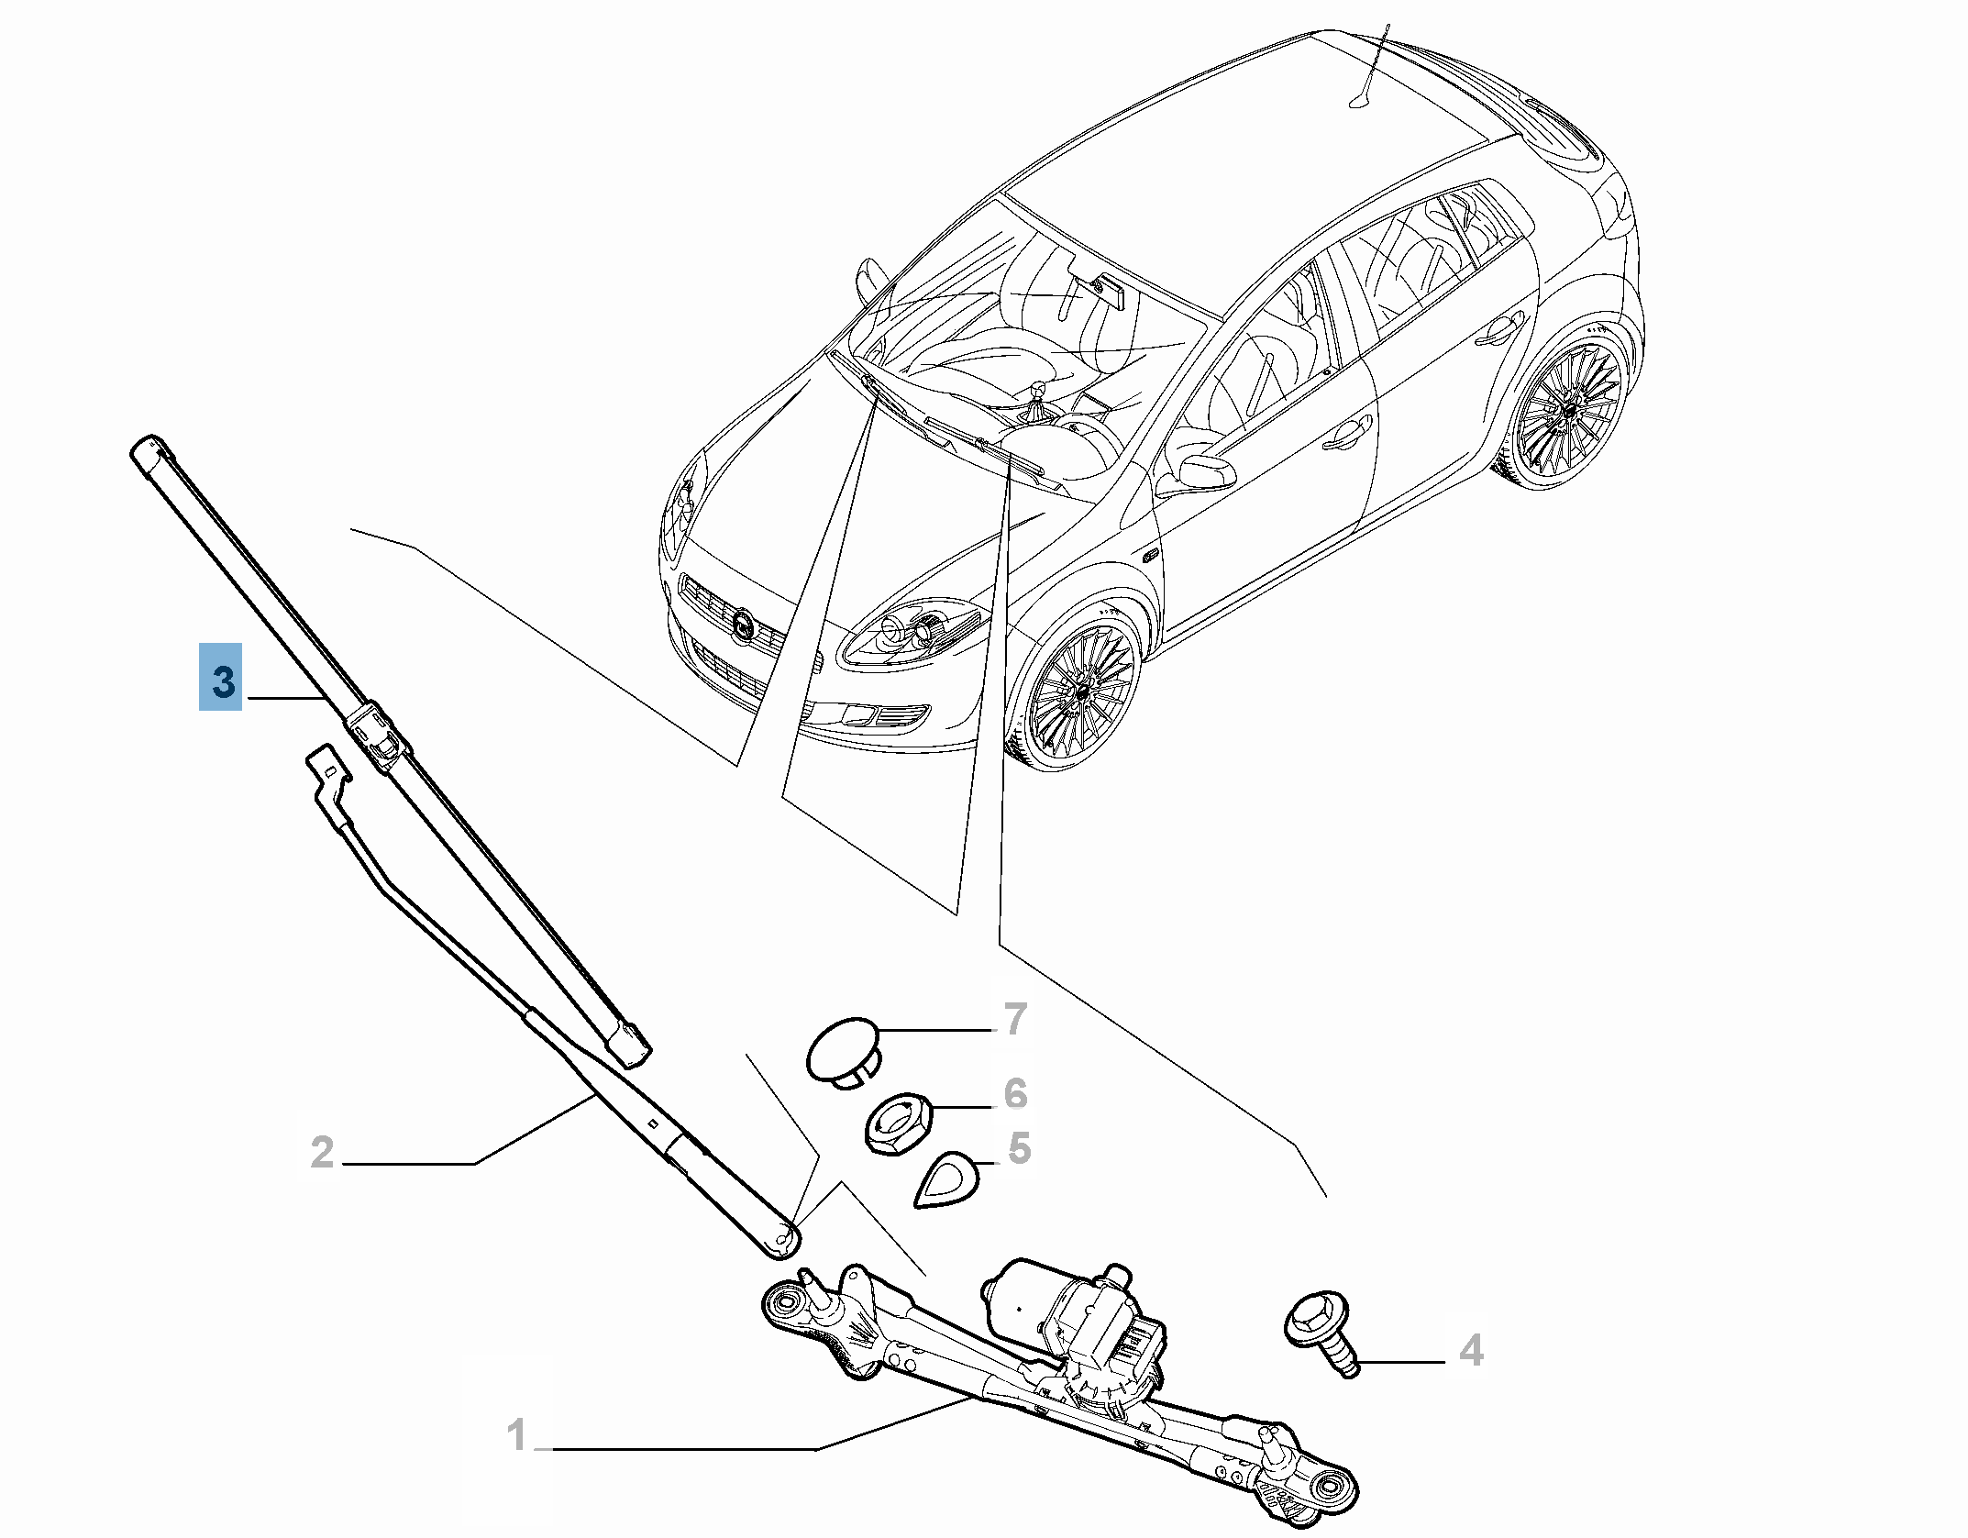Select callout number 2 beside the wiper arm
pyautogui.click(x=322, y=1153)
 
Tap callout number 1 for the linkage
pyautogui.click(x=517, y=1434)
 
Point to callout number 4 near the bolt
pyautogui.click(x=1470, y=1351)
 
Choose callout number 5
pyautogui.click(x=1020, y=1147)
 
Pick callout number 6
pyautogui.click(x=1015, y=1093)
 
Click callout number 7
pyautogui.click(x=1015, y=1020)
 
